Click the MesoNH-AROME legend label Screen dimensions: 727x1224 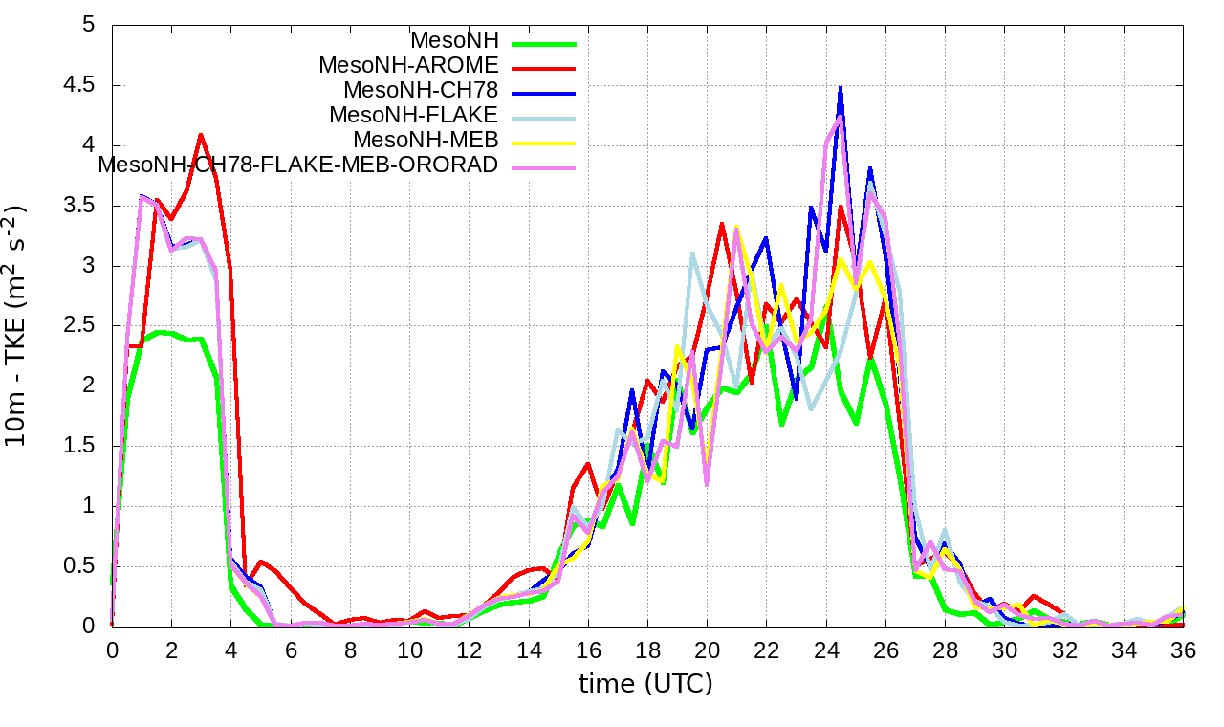(408, 66)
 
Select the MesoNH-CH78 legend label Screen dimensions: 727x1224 (421, 91)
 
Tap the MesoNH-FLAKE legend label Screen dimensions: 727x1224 (414, 116)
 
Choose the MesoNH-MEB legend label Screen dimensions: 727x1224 (426, 141)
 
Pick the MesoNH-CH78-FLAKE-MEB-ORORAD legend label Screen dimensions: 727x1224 (298, 165)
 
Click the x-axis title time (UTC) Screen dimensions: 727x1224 (645, 684)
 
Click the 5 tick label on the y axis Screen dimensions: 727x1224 (89, 25)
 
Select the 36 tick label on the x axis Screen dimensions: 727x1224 (1184, 650)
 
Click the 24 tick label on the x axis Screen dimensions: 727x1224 (825, 650)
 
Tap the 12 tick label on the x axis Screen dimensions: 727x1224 (469, 650)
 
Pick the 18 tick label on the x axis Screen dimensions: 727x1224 (647, 650)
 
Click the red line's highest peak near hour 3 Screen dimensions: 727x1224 (201, 134)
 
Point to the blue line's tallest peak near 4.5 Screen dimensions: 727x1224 (841, 87)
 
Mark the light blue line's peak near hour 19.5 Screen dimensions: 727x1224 (692, 253)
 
